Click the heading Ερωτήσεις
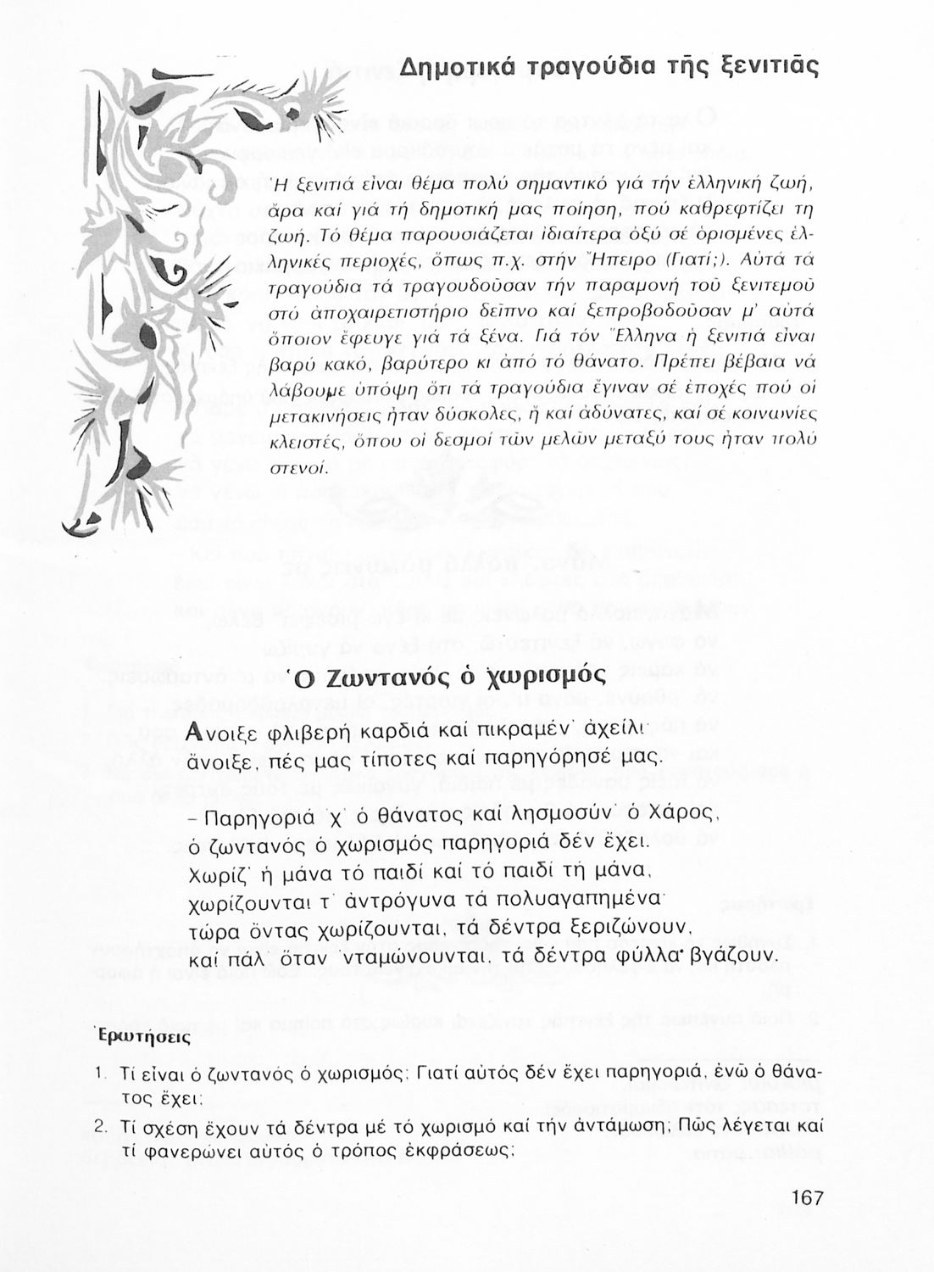point(143,1037)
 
